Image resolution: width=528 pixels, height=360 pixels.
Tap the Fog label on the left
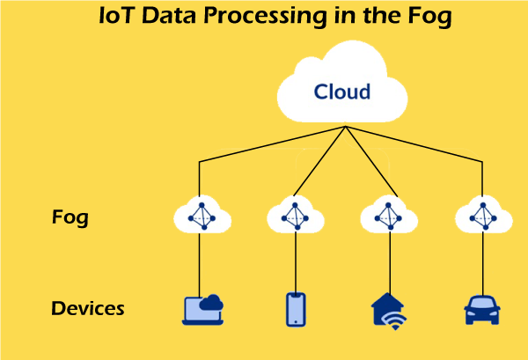(x=70, y=217)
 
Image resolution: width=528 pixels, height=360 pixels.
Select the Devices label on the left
(x=87, y=309)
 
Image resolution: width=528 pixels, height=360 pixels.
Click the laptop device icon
(x=202, y=309)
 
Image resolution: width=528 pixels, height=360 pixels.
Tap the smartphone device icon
(x=296, y=309)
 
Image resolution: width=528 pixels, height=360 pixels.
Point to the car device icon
(x=481, y=310)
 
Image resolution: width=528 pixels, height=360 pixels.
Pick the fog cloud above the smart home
(x=388, y=215)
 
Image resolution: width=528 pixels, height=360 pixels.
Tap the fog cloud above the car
(x=481, y=215)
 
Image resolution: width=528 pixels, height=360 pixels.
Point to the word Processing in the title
(x=257, y=17)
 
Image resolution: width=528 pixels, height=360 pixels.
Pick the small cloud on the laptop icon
(x=212, y=303)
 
